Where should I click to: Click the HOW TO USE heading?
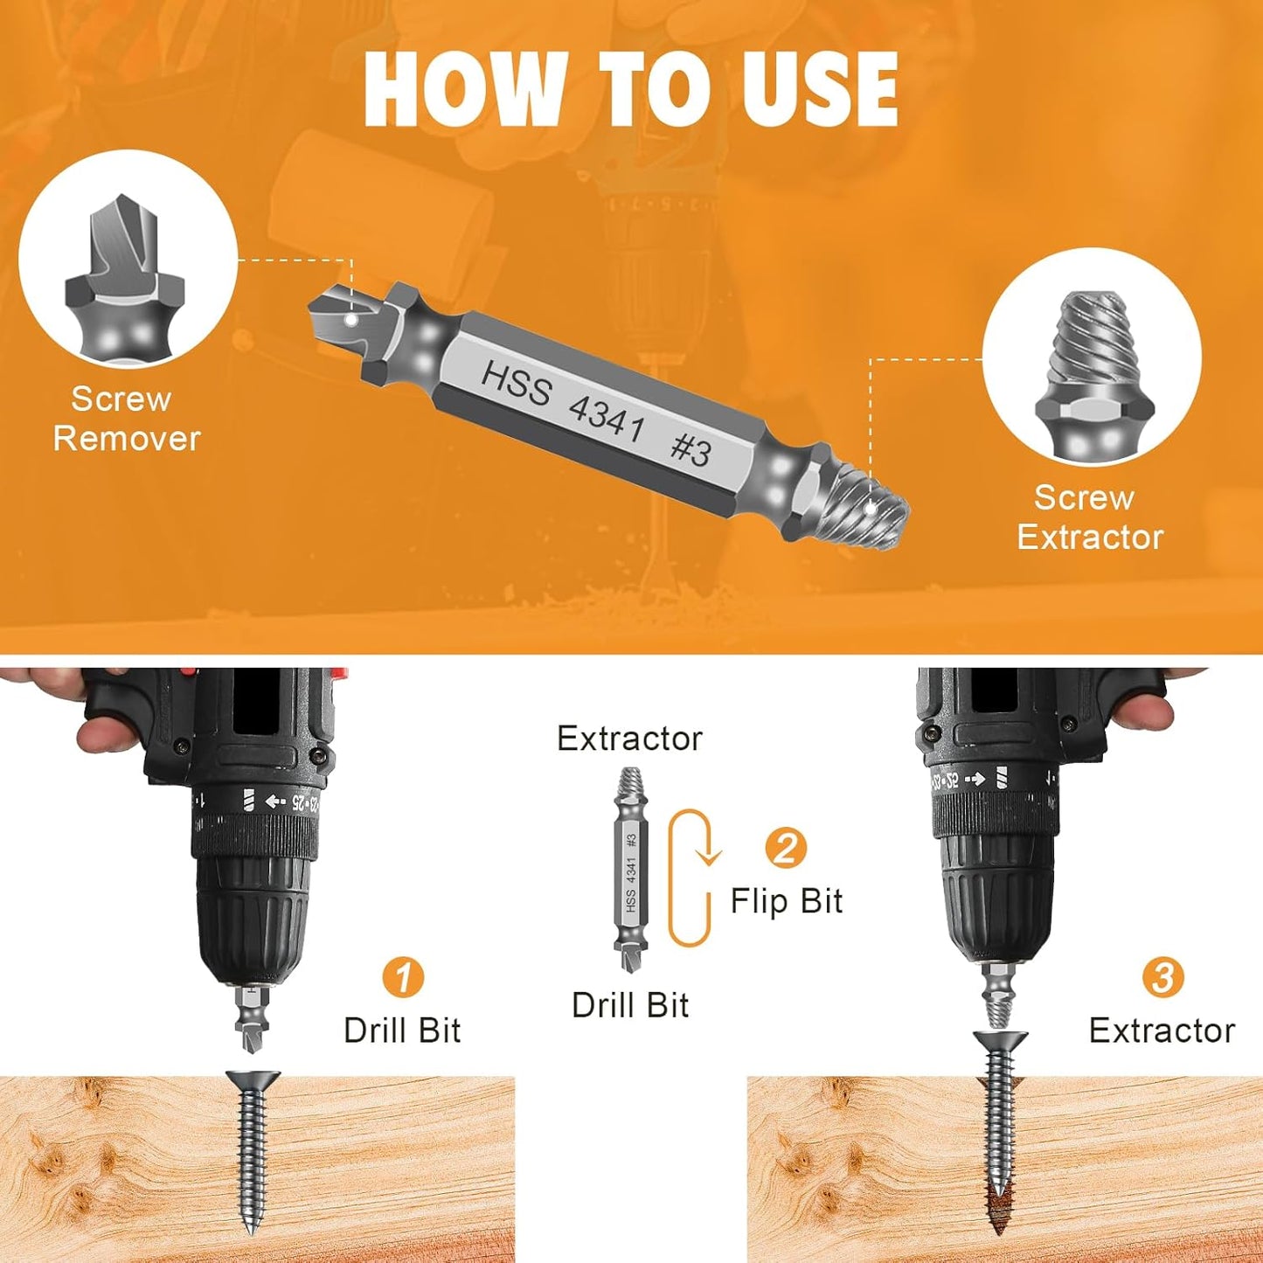(x=630, y=89)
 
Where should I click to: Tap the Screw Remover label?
(x=126, y=419)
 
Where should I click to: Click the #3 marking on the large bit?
(x=690, y=449)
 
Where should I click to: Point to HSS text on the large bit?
(x=517, y=384)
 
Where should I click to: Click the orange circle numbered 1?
(x=402, y=976)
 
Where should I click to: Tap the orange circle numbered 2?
(x=785, y=847)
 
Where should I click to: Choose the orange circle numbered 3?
(x=1162, y=976)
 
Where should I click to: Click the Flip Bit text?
(x=786, y=901)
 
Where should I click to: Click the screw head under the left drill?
(x=253, y=1080)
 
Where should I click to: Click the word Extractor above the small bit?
(x=629, y=739)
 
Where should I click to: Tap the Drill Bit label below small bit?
(x=629, y=1005)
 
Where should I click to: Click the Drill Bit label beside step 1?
(x=402, y=1031)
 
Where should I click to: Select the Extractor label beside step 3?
(x=1162, y=1031)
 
